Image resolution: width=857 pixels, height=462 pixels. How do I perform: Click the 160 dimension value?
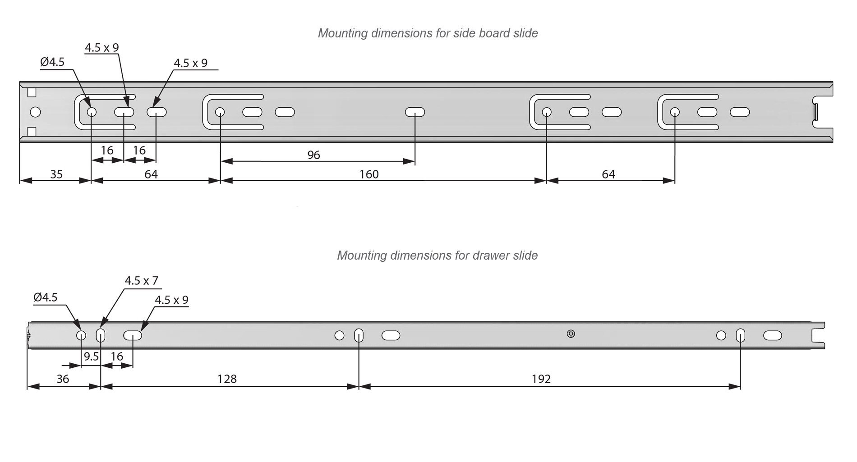click(x=369, y=174)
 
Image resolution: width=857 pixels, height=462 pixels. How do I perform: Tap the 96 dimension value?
click(x=313, y=155)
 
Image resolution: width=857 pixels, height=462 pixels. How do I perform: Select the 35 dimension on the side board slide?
click(x=56, y=174)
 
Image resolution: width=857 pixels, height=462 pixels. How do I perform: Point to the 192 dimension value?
click(x=541, y=379)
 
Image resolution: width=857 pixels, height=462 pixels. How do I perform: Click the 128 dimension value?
click(x=227, y=379)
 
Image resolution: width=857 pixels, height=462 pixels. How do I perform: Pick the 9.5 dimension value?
click(x=91, y=357)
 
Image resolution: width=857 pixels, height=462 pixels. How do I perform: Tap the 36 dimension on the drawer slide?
click(x=63, y=379)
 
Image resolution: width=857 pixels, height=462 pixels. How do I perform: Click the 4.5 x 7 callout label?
click(x=141, y=281)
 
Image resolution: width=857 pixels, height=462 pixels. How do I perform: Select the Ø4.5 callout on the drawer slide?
click(x=46, y=297)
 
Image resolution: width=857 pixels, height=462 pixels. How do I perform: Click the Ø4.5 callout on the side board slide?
click(x=52, y=62)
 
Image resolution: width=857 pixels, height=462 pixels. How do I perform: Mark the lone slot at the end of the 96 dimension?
click(x=415, y=112)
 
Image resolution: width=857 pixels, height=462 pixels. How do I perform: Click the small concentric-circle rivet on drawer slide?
click(x=571, y=334)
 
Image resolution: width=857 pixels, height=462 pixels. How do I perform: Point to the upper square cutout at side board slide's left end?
click(x=32, y=92)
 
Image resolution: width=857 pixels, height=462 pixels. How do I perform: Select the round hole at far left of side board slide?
click(x=35, y=112)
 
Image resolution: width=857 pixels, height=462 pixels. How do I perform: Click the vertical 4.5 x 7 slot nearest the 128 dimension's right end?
click(x=359, y=335)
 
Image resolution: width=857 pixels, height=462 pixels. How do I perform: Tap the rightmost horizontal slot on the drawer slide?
click(x=773, y=335)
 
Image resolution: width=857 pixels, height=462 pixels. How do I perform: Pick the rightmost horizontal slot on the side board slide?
click(x=740, y=112)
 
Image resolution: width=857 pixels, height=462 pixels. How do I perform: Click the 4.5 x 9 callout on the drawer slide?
click(x=171, y=300)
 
